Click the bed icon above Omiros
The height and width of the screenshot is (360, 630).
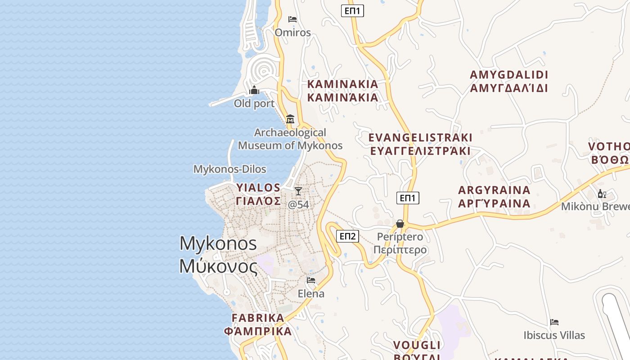[292, 19]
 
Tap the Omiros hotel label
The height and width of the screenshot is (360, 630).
[292, 32]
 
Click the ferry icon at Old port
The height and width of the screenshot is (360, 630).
[254, 90]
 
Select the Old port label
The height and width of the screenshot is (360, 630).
[254, 103]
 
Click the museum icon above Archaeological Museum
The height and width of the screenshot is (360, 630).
[290, 119]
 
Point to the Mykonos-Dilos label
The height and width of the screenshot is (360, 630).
[229, 169]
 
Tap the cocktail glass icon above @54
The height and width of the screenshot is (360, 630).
[298, 191]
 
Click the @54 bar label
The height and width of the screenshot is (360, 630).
[298, 204]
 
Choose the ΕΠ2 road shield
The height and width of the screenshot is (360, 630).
[347, 236]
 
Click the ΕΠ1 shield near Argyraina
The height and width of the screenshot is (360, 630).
[408, 198]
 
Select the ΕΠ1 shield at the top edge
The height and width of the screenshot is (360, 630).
[352, 10]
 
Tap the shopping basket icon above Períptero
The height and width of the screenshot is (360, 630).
[400, 224]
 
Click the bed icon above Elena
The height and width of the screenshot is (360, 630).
[311, 280]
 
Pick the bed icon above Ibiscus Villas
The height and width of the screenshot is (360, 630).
[554, 322]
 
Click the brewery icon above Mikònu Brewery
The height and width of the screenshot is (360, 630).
[602, 194]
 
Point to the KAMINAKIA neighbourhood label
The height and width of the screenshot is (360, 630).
[342, 90]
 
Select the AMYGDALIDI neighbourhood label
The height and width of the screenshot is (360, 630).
[509, 81]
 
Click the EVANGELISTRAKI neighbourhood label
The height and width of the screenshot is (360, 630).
[420, 144]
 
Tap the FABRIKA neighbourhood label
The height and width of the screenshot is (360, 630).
[258, 324]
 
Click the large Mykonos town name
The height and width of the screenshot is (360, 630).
[218, 255]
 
